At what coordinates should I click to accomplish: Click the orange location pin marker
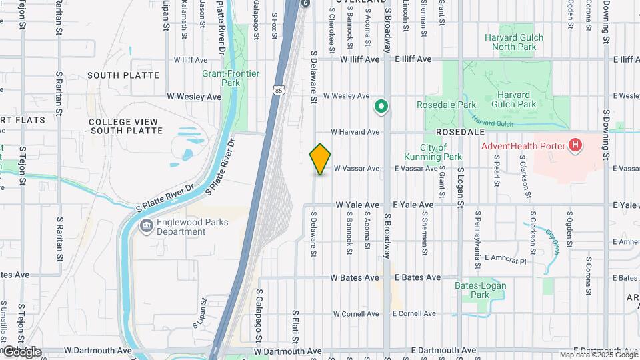click(x=320, y=159)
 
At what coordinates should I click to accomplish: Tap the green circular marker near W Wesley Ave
click(x=381, y=105)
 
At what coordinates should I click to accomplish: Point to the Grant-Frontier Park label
click(x=231, y=78)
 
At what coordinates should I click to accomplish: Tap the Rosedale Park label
click(x=446, y=105)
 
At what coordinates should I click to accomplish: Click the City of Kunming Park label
click(x=441, y=152)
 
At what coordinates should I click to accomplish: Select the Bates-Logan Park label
click(x=480, y=290)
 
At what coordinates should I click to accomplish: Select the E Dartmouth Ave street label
click(x=444, y=350)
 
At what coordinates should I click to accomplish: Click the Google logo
click(x=21, y=352)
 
